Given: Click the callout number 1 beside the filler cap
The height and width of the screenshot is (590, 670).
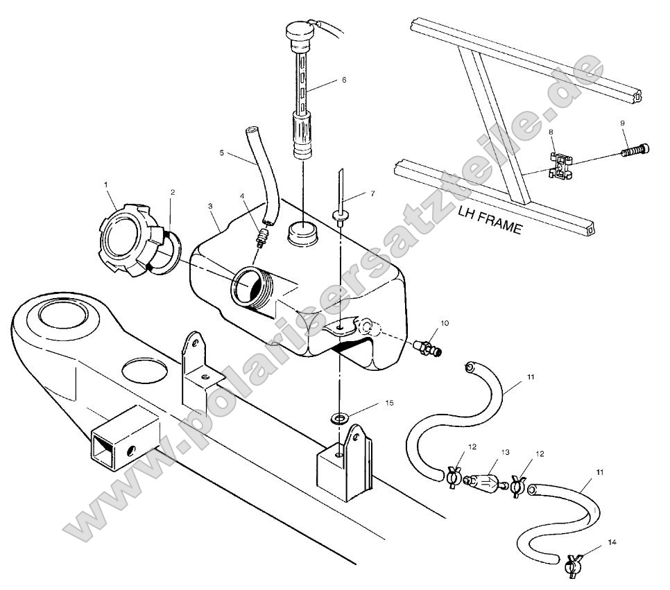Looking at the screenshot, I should tap(107, 184).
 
